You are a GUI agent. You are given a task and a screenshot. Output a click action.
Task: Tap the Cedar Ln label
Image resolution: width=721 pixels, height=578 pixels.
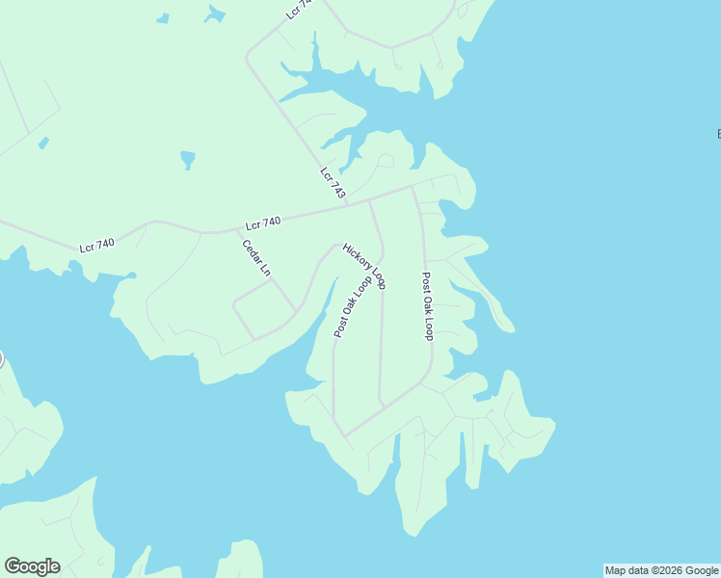coord(256,258)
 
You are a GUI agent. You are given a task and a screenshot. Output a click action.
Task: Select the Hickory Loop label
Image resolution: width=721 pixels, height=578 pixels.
coord(364,266)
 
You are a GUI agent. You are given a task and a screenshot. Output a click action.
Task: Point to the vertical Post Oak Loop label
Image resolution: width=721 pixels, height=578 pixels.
coord(427,305)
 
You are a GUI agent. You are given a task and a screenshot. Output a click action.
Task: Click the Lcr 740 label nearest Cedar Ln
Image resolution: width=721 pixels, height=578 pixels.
coord(262,223)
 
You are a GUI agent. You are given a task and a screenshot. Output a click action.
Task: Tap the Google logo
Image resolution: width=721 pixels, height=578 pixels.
coord(32,566)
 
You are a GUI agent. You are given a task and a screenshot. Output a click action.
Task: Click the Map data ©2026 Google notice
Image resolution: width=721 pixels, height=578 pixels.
coord(661,570)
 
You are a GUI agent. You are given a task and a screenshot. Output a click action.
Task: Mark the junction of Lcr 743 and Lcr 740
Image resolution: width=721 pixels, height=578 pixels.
coord(347,205)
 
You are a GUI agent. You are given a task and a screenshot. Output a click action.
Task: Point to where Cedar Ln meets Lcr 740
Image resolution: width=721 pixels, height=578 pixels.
coord(237,231)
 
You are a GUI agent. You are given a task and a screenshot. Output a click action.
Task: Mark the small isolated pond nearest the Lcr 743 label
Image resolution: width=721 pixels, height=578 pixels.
coord(187,158)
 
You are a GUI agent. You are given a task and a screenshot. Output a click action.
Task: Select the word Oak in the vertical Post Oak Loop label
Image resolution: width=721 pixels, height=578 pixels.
coord(427,306)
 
